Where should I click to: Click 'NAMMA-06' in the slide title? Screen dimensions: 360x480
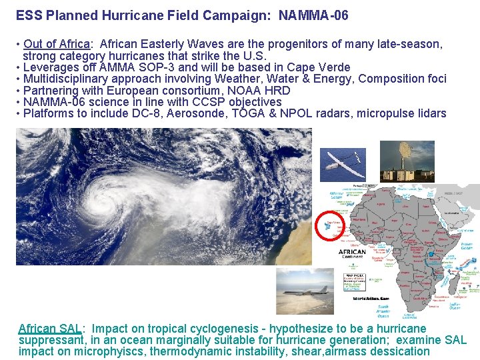tap(313, 15)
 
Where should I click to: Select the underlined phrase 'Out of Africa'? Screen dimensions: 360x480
tap(56, 45)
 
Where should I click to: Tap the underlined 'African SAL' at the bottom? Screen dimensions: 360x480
tap(49, 329)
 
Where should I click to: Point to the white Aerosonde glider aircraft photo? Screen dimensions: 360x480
tap(343, 160)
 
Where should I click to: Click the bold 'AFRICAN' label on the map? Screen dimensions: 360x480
tap(352, 253)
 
